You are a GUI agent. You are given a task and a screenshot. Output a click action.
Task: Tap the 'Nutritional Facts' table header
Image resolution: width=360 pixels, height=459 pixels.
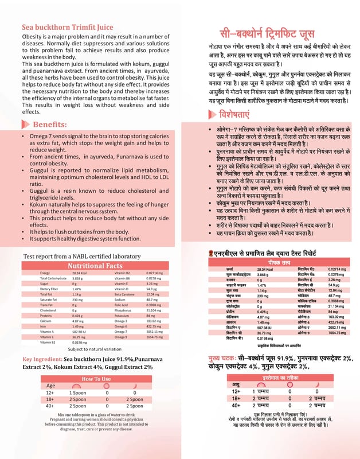coord(95,266)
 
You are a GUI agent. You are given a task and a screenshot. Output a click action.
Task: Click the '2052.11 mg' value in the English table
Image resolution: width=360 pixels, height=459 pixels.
coord(155,332)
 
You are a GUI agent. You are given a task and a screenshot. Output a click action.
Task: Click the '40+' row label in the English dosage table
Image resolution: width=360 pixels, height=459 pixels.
coord(50,407)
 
